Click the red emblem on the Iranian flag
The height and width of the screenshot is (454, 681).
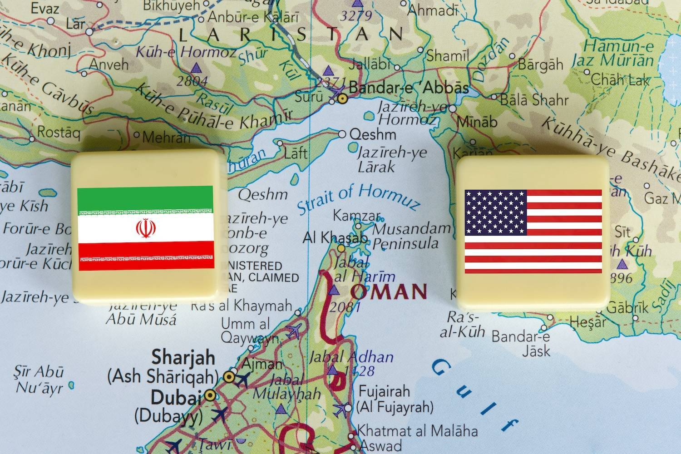[145, 228]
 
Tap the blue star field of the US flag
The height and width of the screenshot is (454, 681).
[496, 212]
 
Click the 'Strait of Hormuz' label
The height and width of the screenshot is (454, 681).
[358, 198]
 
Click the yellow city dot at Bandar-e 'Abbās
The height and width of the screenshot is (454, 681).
[343, 97]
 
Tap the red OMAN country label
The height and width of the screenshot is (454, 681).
[390, 291]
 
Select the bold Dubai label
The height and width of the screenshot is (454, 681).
[176, 398]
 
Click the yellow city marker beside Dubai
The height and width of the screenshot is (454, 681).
[209, 395]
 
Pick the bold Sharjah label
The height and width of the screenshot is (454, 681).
[183, 357]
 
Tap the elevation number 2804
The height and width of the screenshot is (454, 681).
[192, 81]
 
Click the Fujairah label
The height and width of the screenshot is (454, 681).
[385, 391]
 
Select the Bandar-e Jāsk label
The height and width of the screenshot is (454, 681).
[521, 343]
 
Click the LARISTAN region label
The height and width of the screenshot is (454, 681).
[291, 34]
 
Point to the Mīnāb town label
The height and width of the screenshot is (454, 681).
[477, 122]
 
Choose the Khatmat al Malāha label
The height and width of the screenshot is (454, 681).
[417, 429]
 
